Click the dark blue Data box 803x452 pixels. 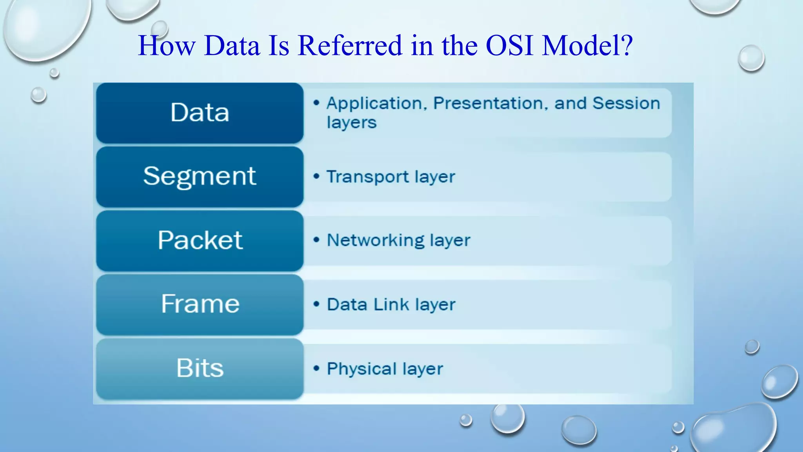(x=200, y=113)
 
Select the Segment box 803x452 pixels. (x=200, y=177)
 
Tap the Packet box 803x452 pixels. (x=200, y=241)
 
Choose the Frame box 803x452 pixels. (x=200, y=304)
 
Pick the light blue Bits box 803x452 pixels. (x=200, y=369)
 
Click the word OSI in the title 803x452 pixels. (x=509, y=46)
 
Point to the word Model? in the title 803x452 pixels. (x=587, y=46)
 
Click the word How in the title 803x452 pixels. (x=167, y=46)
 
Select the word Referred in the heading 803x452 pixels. (x=350, y=46)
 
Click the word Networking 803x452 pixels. (x=375, y=241)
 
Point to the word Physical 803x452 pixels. (x=362, y=369)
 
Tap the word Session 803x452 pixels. (x=626, y=104)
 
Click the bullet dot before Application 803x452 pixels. (x=316, y=103)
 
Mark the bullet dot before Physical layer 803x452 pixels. (x=316, y=368)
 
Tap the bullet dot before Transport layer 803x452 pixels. (x=316, y=176)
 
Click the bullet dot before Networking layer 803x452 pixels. (x=316, y=240)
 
